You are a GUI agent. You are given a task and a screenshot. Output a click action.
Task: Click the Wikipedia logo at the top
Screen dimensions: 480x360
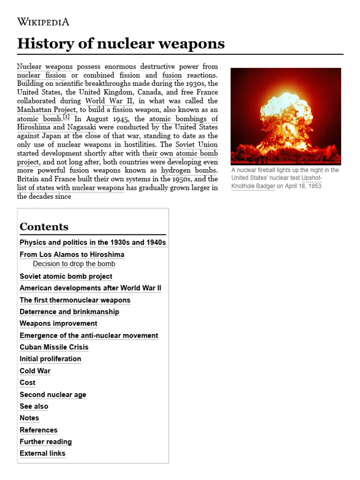tap(43, 22)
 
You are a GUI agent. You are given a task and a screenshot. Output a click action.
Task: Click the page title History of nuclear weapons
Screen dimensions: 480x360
tap(121, 44)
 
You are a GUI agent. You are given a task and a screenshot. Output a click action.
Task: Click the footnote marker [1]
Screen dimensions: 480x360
tap(66, 117)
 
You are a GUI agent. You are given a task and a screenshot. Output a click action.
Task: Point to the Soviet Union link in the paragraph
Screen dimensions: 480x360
tap(196, 144)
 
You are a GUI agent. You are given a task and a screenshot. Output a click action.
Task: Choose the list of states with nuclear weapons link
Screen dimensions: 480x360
tap(70, 188)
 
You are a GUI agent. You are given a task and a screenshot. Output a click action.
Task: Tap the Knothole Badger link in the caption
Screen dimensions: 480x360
tap(253, 186)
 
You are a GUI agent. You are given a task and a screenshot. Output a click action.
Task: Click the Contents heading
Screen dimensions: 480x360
tap(44, 227)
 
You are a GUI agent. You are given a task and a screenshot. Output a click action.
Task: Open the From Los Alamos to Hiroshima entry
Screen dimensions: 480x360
tap(72, 255)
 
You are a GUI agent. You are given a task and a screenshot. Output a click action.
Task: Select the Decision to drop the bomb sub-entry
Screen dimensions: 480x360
tap(74, 264)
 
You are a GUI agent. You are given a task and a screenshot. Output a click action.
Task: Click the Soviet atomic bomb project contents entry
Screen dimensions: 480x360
tap(66, 277)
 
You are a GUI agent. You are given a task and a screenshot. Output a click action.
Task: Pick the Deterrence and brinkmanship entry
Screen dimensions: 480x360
tap(69, 312)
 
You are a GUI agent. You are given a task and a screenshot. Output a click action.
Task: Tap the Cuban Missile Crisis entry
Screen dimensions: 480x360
tap(54, 347)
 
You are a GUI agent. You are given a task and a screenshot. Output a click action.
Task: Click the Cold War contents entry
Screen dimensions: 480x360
tap(35, 371)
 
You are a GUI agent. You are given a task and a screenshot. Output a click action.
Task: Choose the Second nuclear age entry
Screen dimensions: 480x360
tap(53, 395)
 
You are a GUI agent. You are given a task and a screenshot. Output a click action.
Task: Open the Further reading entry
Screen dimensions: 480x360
tap(45, 442)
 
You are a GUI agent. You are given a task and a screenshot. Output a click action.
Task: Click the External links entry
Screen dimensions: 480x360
tap(43, 453)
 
